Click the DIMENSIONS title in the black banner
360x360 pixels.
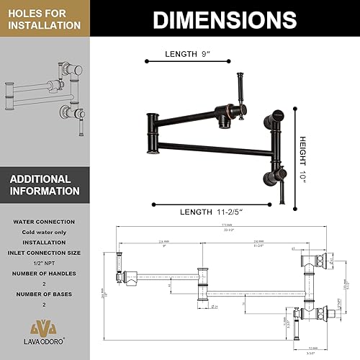pyautogui.click(x=225, y=19)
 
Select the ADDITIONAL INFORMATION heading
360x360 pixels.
pyautogui.click(x=45, y=185)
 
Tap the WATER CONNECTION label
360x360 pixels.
pyautogui.click(x=45, y=221)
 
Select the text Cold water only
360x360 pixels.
pyautogui.click(x=45, y=232)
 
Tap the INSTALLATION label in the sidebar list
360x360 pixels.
pyautogui.click(x=45, y=243)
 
